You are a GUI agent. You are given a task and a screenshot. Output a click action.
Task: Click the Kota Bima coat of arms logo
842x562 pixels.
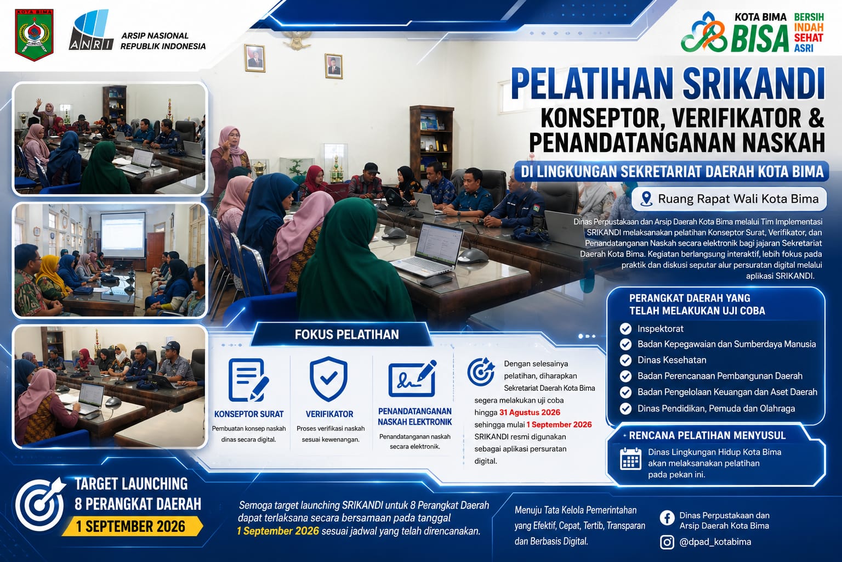click(34, 35)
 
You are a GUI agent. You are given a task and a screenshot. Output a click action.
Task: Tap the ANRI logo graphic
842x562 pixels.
click(92, 30)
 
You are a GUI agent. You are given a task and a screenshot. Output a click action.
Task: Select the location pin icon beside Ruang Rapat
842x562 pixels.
click(646, 199)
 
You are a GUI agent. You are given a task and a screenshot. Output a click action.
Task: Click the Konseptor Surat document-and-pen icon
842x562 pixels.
click(248, 380)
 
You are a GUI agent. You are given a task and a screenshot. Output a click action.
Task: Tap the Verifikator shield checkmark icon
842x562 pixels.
click(328, 379)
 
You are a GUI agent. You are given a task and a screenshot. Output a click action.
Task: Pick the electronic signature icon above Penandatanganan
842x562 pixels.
click(413, 379)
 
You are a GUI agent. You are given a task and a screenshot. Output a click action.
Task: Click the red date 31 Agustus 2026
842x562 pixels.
click(530, 412)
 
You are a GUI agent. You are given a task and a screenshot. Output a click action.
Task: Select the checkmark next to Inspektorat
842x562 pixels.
click(625, 329)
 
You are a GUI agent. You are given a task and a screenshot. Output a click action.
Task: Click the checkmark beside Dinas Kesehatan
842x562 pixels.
click(625, 360)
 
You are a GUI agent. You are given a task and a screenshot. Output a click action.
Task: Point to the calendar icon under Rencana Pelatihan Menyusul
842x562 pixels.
click(630, 459)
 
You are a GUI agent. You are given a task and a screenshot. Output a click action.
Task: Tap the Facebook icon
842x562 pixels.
click(667, 518)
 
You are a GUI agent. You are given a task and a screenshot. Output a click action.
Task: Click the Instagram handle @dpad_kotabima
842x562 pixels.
click(715, 542)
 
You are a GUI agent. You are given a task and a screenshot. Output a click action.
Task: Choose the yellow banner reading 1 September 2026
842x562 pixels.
click(132, 526)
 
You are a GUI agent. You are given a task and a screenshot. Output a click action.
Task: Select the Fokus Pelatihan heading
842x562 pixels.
click(346, 335)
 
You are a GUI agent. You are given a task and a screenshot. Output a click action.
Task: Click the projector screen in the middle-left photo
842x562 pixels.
click(123, 235)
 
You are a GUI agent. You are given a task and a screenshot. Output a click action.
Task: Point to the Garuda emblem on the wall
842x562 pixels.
click(297, 40)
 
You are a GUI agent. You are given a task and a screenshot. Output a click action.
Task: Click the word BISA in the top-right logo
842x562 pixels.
click(759, 38)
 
